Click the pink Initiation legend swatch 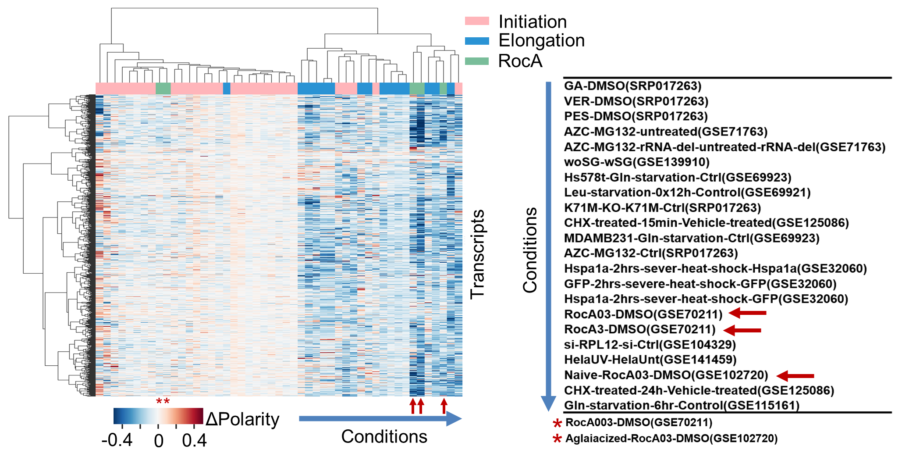coord(477,21)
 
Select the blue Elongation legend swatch coord(477,41)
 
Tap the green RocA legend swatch coord(477,61)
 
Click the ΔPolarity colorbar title coord(242,419)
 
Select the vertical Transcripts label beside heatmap coord(477,254)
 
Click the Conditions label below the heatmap coord(384,436)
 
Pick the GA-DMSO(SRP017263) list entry coord(632,86)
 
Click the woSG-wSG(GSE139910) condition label coord(636,162)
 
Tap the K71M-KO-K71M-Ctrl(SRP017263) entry coord(662,208)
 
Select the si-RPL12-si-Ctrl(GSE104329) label coord(650,345)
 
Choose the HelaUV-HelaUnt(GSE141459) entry coord(650,360)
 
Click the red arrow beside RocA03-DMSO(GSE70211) coord(748,313)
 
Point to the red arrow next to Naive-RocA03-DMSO coord(795,376)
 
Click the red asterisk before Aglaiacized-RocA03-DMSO coord(557,439)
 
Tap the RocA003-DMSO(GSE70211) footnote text coord(639,423)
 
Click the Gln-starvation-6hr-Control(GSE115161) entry coord(682,406)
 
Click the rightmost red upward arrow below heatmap coord(444,406)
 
